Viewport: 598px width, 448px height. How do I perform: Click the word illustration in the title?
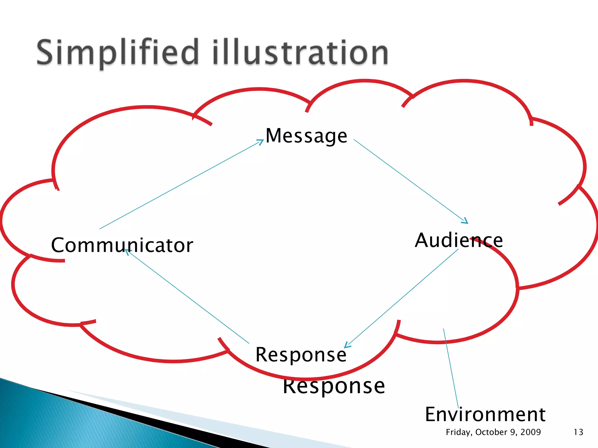point(301,52)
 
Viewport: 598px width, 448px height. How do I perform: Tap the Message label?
point(306,136)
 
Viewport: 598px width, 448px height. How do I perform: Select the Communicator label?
point(122,245)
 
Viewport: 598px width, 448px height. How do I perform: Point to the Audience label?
point(459,240)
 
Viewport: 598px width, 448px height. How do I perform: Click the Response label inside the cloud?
point(301,355)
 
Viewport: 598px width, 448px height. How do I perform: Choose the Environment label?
point(485,414)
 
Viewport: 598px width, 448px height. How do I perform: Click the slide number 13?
point(578,432)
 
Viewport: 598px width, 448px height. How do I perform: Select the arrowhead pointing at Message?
point(261,142)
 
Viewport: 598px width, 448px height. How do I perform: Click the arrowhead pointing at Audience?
point(465,221)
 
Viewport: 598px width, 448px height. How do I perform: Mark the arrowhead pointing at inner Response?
point(347,345)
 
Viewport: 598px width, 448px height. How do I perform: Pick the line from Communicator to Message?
point(181,185)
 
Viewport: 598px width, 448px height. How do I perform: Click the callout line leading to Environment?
point(451,367)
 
